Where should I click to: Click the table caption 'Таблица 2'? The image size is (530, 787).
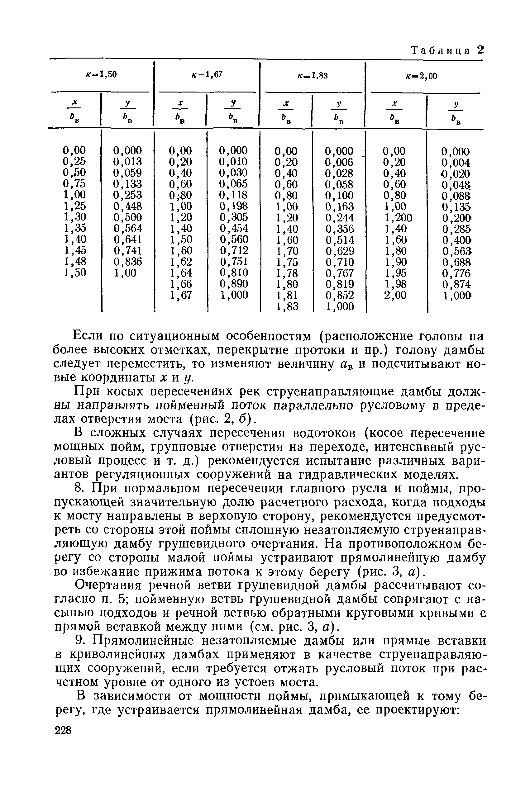click(x=447, y=50)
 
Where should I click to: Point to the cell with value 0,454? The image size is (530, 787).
click(x=234, y=228)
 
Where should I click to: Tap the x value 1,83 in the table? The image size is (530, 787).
click(x=287, y=307)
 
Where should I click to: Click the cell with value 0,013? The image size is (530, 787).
click(x=127, y=161)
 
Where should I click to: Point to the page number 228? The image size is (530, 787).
click(x=63, y=731)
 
